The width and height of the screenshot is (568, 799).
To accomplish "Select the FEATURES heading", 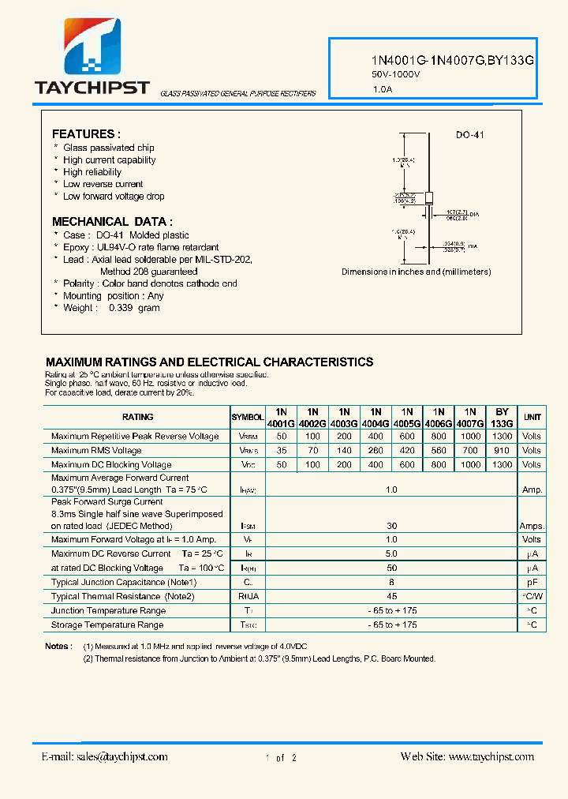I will pos(86,134).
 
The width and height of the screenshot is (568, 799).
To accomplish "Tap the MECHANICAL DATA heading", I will pos(112,222).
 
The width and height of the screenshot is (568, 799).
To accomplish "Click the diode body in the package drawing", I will pos(429,199).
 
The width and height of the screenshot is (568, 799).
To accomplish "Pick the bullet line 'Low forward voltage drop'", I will pos(114,197).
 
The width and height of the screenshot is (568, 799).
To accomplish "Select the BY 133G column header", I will pos(502,417).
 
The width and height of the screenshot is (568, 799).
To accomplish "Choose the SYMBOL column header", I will pos(248,417).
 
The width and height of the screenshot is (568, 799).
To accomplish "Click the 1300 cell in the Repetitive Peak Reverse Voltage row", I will pos(502,436).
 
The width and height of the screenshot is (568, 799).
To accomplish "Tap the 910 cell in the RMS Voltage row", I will pos(502,450).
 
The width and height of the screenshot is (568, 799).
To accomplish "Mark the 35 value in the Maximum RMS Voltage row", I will pos(281,450).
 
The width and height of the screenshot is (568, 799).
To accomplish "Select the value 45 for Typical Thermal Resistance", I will pos(391,596).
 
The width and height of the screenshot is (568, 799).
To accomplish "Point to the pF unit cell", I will pos(532,582).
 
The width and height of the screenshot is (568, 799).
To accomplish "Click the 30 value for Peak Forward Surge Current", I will pos(391,526).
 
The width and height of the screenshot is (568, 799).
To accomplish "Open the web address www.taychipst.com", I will pos(490,756).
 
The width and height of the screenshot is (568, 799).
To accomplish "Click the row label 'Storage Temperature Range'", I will pos(107,625).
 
